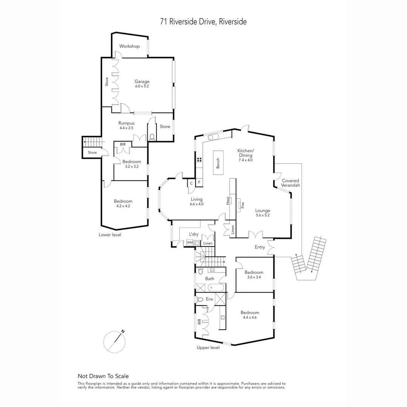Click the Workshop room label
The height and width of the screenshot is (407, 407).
[129, 46]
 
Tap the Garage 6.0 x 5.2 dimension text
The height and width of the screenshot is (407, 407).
[142, 86]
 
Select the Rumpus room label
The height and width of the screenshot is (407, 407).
[126, 123]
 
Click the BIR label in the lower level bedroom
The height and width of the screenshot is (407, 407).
[123, 144]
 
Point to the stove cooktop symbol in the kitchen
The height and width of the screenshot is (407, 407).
[199, 159]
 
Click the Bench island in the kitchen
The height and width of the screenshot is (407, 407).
[218, 163]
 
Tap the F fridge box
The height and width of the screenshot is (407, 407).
[199, 183]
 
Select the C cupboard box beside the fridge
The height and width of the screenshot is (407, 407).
[191, 183]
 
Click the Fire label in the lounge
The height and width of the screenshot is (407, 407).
[243, 205]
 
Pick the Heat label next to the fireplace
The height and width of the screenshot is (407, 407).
[228, 200]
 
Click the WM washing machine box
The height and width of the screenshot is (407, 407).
[189, 243]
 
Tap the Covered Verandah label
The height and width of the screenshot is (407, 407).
[291, 183]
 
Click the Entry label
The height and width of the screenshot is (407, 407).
[260, 247]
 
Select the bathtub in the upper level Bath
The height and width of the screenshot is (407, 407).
[216, 288]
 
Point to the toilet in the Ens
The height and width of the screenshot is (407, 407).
[199, 300]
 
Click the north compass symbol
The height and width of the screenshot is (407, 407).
[114, 342]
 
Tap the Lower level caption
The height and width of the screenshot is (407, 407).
[110, 234]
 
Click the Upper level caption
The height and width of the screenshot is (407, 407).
[208, 347]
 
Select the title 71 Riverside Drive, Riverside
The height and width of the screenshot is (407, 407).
[203, 22]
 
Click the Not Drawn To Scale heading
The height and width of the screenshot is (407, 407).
[103, 376]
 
